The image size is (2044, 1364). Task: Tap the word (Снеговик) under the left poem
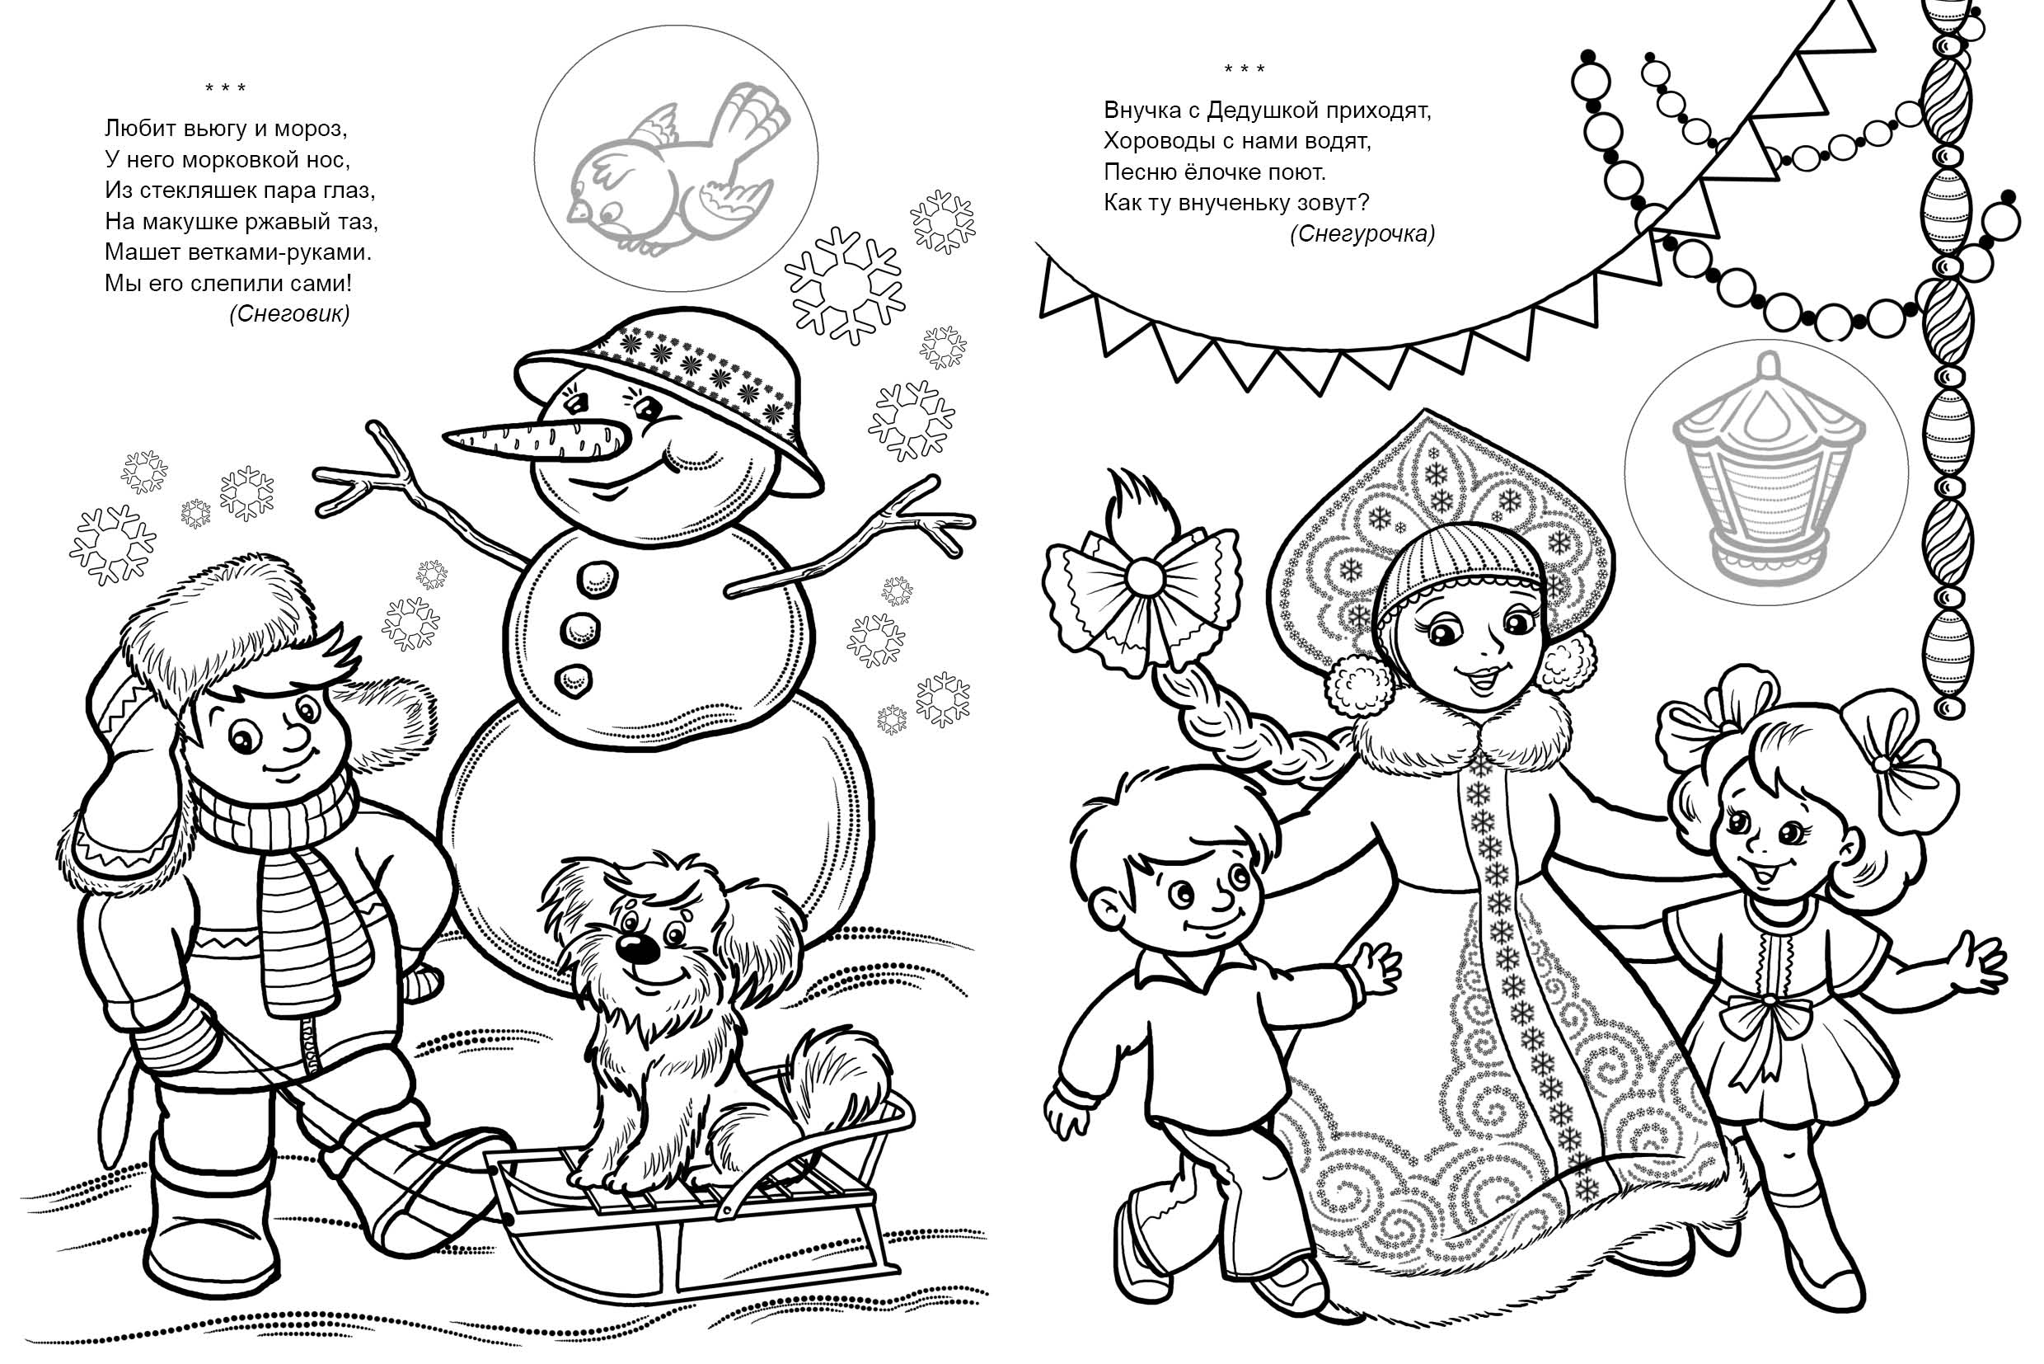(x=289, y=314)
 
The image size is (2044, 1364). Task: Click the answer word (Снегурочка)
(x=1362, y=234)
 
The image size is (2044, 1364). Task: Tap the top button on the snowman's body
(x=597, y=577)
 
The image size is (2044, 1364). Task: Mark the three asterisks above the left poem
(x=225, y=88)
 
